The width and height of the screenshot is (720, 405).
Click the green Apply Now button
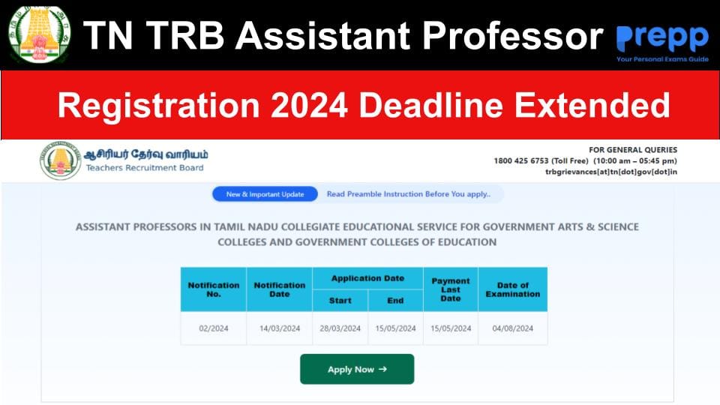click(x=357, y=369)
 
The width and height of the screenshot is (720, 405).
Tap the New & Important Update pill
click(x=265, y=194)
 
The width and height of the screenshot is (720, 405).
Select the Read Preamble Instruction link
click(x=408, y=194)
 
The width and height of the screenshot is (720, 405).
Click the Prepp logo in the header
click(x=661, y=41)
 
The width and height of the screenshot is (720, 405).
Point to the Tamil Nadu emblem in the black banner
click(x=37, y=34)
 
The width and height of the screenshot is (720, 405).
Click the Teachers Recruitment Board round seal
click(x=61, y=160)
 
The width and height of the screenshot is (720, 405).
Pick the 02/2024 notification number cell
click(x=213, y=328)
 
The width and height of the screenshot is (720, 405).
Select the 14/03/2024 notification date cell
click(x=279, y=328)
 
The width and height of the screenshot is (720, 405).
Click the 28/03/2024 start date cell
click(x=340, y=328)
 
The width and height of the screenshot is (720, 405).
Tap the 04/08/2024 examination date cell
click(x=513, y=328)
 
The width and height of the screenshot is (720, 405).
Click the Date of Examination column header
click(x=513, y=289)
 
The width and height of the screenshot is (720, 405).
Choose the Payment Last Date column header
click(x=450, y=289)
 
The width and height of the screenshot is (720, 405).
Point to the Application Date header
click(x=367, y=278)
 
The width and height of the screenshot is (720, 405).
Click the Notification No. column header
click(x=213, y=289)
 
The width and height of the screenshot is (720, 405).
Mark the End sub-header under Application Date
click(x=395, y=301)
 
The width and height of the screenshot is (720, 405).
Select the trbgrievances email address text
click(x=610, y=172)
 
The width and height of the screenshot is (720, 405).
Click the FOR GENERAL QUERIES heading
click(x=634, y=150)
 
